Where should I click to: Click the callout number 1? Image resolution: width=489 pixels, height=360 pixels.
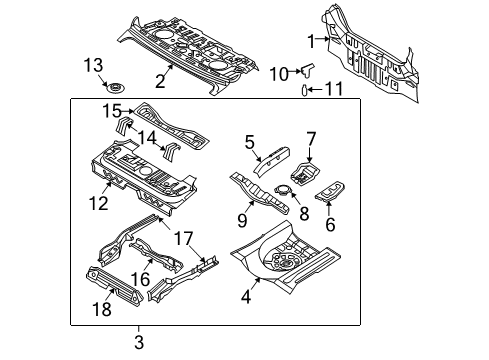(x=311, y=40)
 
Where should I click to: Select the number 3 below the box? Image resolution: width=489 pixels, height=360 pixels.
(x=139, y=343)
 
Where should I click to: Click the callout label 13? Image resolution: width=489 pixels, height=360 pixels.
(x=92, y=65)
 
